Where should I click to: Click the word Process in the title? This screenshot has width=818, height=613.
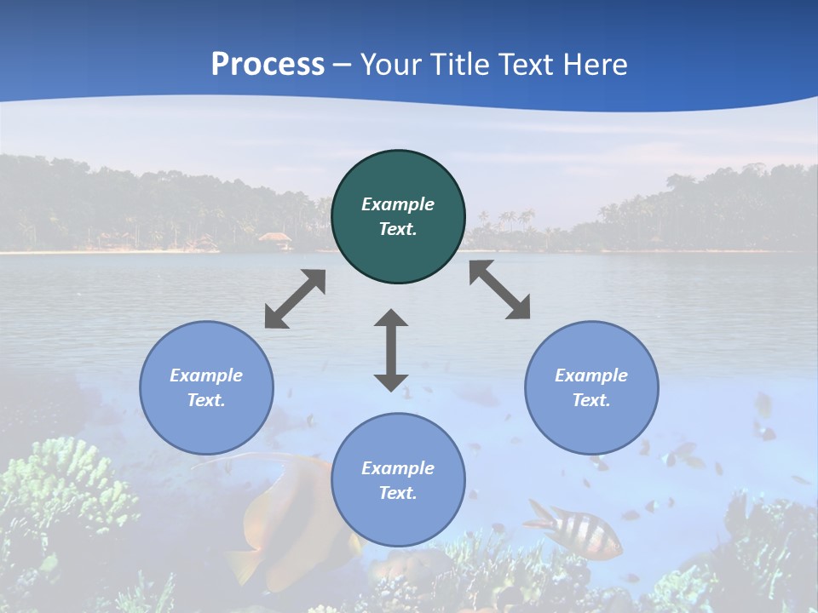pos(268,65)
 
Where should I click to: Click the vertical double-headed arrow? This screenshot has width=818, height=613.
pos(391,350)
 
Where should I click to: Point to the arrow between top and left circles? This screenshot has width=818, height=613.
pos(295,299)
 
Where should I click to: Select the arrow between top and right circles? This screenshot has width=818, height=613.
pos(499,289)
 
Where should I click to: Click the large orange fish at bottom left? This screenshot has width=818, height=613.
pos(290,528)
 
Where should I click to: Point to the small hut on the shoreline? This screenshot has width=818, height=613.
pos(274,239)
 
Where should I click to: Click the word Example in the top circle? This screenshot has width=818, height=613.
pos(398,204)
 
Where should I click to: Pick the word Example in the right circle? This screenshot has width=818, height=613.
pos(591,375)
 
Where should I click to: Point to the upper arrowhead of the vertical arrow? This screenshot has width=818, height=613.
pos(391,319)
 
